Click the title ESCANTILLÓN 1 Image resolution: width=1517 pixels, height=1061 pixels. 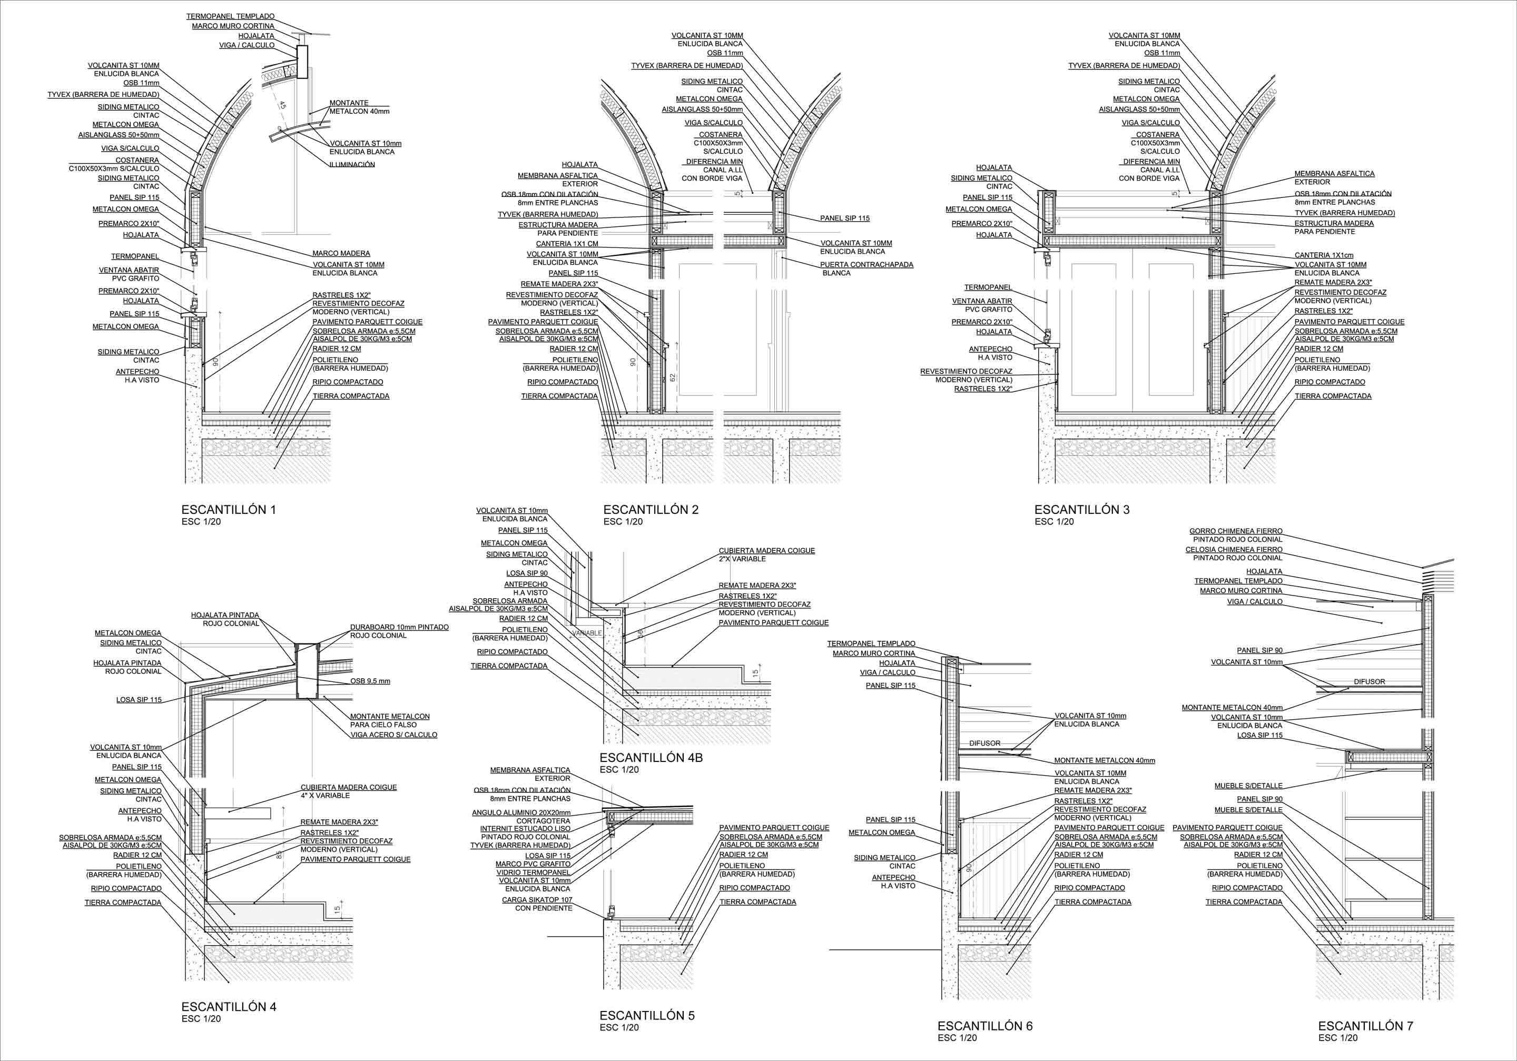coord(229,509)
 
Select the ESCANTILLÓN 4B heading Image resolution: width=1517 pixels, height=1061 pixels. coord(651,758)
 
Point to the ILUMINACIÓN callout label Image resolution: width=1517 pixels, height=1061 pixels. coord(352,164)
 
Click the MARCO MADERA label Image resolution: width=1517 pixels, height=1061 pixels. coord(341,253)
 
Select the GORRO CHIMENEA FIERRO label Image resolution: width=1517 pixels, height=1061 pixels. coord(1236,531)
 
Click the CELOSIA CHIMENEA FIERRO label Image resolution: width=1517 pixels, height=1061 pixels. coord(1234,550)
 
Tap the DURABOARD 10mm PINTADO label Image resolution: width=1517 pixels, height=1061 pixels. coord(399,627)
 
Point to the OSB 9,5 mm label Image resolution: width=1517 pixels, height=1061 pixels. coord(370,681)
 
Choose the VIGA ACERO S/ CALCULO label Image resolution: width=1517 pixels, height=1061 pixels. coord(394,735)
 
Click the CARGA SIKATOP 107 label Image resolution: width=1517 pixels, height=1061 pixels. coord(537,900)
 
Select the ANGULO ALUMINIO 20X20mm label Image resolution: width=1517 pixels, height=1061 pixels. coord(521,812)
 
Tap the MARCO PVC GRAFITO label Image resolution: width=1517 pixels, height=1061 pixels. coord(533,864)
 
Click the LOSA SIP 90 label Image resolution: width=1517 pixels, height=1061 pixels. coord(527,573)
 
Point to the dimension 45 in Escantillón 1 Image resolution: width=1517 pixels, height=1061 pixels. coord(283,104)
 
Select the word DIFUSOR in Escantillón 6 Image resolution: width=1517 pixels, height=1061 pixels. coord(984,743)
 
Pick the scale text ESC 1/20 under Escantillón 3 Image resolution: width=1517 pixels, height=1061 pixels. coord(1054,522)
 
